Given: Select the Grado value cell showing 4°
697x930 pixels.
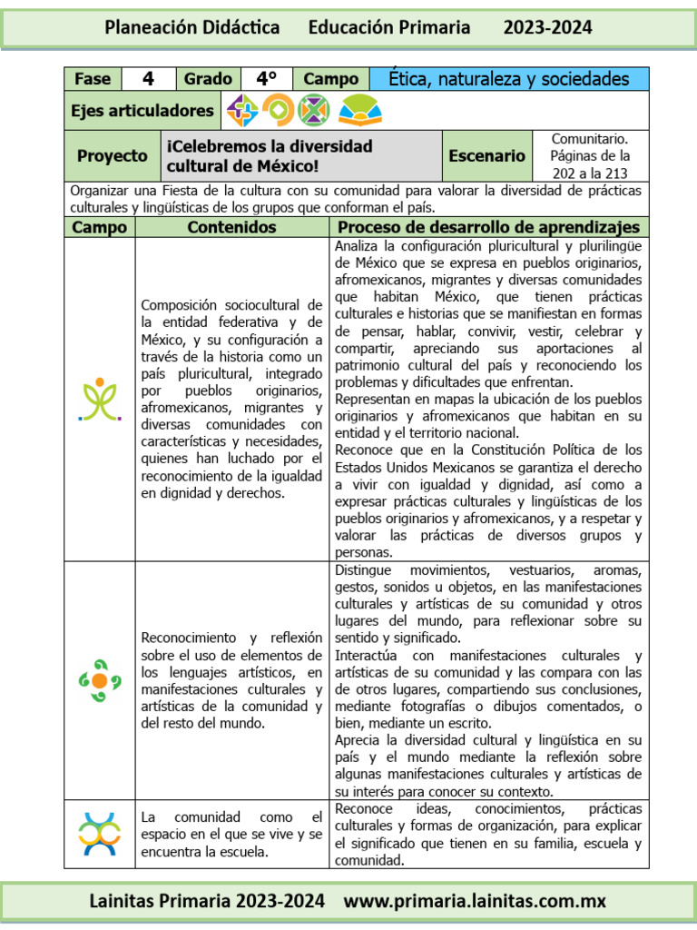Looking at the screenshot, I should [266, 79].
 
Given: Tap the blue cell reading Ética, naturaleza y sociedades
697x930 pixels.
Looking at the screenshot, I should [509, 79].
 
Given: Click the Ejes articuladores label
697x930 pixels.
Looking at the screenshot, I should [142, 111].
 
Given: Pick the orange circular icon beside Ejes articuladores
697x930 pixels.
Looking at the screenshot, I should [279, 111].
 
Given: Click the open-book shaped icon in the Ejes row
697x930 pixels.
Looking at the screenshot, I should [359, 111].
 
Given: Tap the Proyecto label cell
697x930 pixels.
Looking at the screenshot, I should [112, 156].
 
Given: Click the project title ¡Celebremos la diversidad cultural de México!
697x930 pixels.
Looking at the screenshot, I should [270, 156].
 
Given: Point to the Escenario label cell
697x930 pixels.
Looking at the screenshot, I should [486, 156].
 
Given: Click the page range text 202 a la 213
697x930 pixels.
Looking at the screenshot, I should [590, 172].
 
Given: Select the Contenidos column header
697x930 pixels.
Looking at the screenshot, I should [231, 227].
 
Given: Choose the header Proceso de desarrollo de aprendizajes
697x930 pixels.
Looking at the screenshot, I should [488, 227].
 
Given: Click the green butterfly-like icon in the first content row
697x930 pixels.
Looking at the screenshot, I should [100, 401].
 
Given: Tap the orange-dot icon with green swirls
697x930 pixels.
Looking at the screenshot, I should [100, 680].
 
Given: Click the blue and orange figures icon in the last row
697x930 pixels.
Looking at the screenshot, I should [100, 835].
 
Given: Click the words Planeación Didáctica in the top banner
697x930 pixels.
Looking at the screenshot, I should [192, 28].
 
